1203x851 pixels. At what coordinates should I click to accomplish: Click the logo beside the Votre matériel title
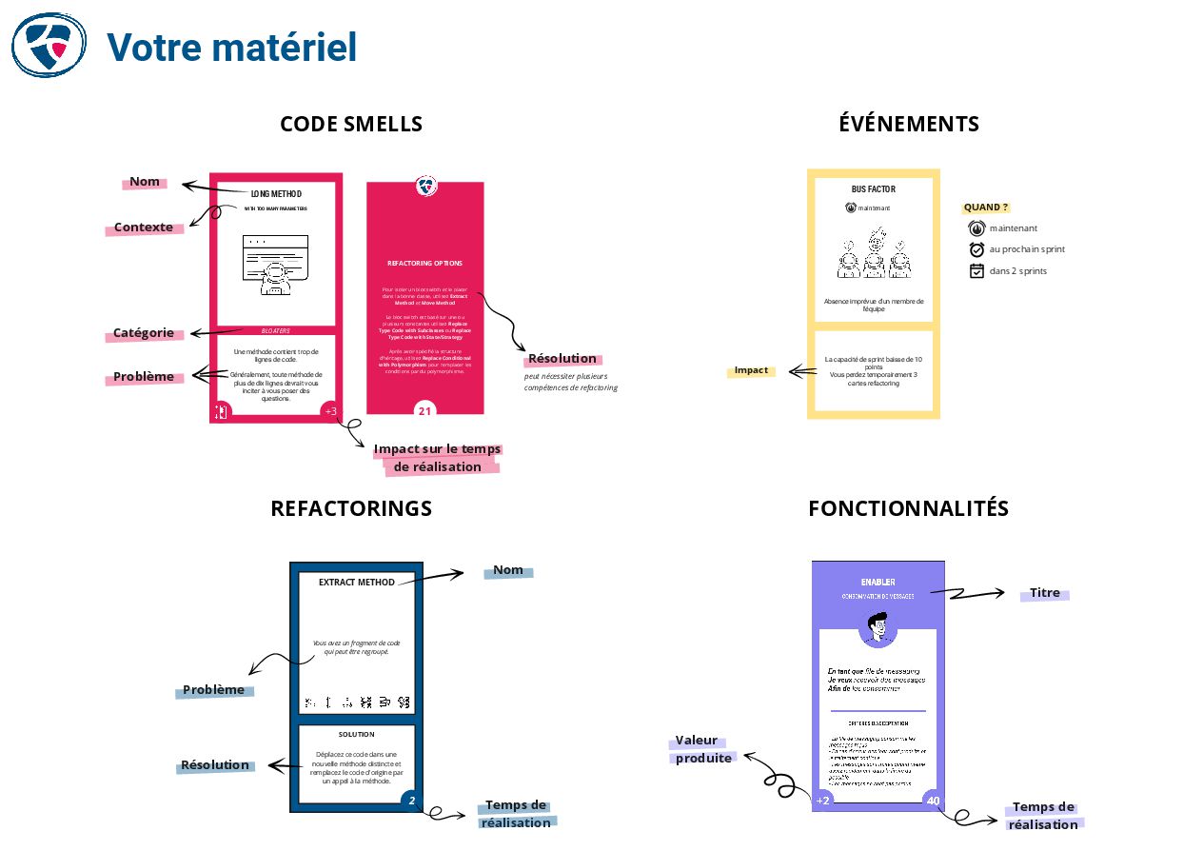click(x=49, y=45)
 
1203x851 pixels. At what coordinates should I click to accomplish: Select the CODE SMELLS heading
click(x=351, y=125)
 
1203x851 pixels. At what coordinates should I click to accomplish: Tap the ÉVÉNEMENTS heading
click(x=909, y=124)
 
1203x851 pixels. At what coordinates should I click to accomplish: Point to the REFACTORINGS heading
click(x=351, y=508)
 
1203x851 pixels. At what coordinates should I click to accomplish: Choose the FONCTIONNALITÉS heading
click(x=908, y=508)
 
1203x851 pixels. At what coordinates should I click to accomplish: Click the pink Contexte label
click(x=144, y=228)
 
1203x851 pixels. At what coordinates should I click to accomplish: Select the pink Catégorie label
click(x=144, y=333)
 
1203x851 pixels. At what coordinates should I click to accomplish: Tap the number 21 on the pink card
click(x=425, y=411)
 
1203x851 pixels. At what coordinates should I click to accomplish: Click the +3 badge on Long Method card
click(x=330, y=411)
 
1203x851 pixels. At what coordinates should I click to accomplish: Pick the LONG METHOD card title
click(x=276, y=194)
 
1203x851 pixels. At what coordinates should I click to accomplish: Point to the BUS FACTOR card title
click(x=873, y=189)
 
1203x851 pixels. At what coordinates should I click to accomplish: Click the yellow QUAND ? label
click(x=985, y=208)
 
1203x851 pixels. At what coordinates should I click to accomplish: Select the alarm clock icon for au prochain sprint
click(x=976, y=249)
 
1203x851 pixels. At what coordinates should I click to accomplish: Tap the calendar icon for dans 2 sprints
click(x=976, y=271)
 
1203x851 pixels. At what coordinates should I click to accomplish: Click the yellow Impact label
click(x=751, y=370)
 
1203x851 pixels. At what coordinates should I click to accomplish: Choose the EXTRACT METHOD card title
click(x=356, y=583)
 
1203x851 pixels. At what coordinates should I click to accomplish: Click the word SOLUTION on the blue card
click(x=356, y=735)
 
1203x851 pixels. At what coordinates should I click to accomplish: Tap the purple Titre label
click(x=1044, y=593)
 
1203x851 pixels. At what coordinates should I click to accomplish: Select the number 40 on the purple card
click(x=933, y=801)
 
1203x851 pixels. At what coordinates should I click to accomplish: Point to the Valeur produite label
click(x=703, y=750)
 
